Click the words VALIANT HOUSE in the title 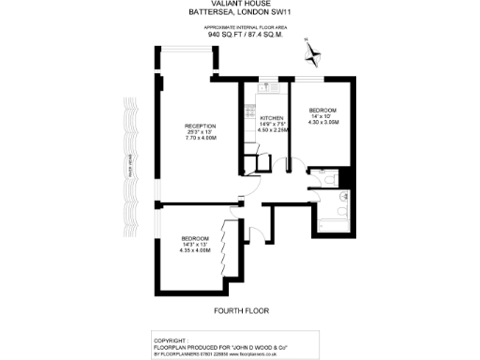[240, 7]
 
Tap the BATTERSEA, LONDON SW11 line [240, 15]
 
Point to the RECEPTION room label [201, 127]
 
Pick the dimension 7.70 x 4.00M [201, 138]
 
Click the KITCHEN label [271, 118]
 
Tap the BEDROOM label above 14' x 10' [322, 110]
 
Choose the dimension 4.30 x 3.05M [322, 121]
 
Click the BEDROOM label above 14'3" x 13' [194, 237]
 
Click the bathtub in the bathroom [334, 225]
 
